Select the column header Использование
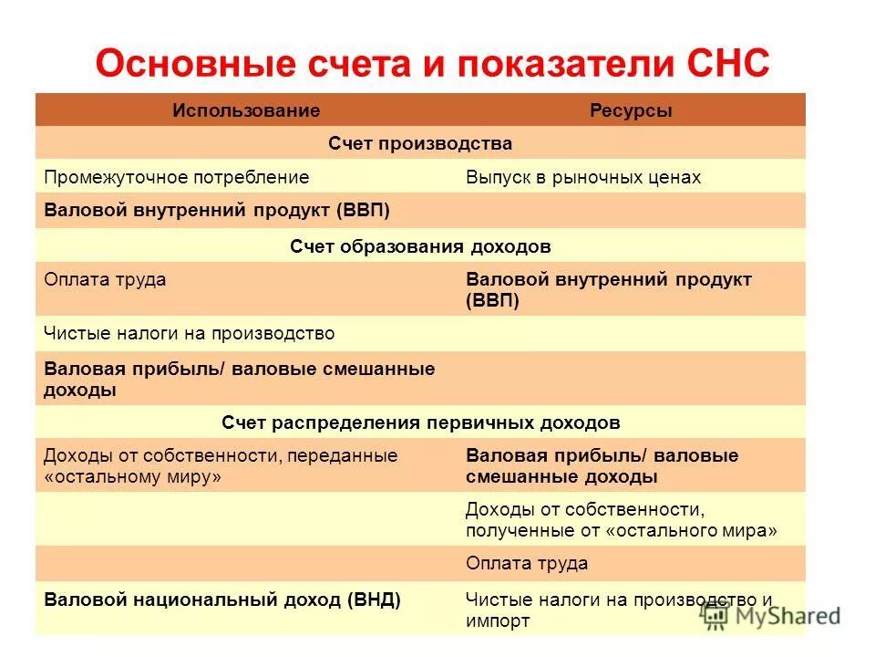[246, 110]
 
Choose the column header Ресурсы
[631, 110]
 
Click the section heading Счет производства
[420, 143]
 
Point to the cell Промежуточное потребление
[177, 177]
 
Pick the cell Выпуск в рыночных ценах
[583, 177]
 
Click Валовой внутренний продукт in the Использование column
[217, 211]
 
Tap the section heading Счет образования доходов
[420, 246]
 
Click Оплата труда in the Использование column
[105, 279]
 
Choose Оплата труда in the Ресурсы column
[526, 563]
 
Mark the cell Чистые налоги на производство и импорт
[618, 610]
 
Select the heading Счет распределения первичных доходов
[420, 422]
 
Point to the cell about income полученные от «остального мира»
[621, 519]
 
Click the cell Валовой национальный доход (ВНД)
[222, 600]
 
